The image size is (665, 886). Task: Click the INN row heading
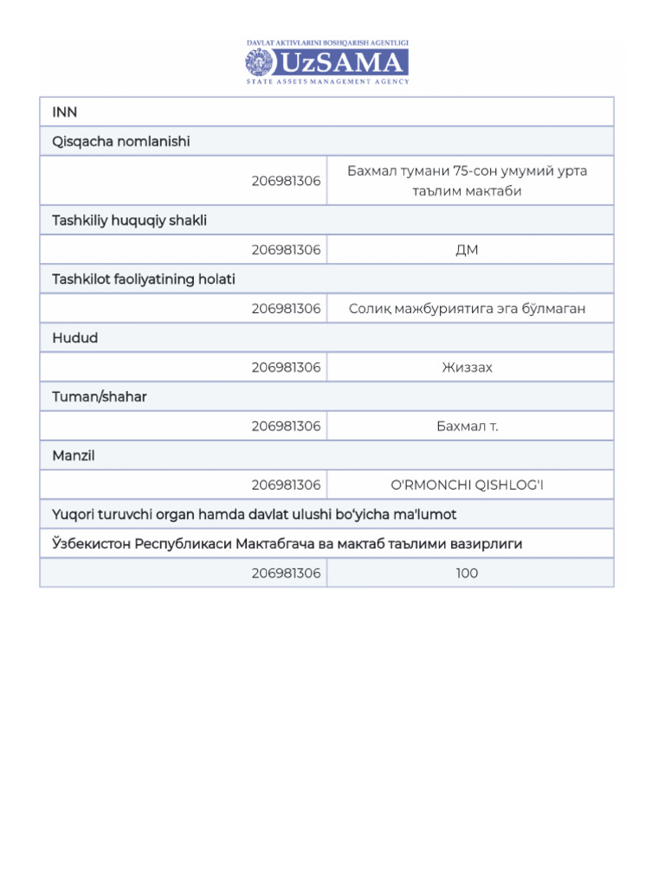65,112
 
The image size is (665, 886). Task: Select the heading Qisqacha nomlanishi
120,141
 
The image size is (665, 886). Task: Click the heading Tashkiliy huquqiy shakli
129,221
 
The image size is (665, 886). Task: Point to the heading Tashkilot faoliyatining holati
144,279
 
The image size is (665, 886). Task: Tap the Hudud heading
75,338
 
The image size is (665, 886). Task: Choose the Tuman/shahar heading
100,397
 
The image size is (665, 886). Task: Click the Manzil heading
74,456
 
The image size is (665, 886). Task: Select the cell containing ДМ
467,250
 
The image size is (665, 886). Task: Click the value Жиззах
467,368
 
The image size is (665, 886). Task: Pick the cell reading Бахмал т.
467,427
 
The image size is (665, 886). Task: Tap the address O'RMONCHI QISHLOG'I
467,485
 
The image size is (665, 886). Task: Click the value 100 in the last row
467,574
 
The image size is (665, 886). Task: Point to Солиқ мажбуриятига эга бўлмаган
467,309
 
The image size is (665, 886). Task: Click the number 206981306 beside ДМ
286,250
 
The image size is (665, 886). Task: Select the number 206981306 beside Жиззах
286,368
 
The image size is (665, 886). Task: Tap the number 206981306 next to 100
286,574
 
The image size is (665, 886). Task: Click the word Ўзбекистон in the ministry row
87,544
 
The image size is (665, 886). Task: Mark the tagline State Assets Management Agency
327,81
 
